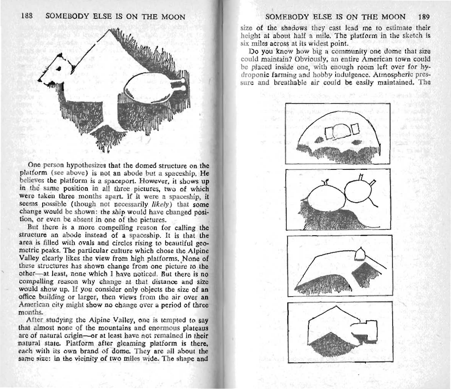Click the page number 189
423,17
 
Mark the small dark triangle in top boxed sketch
318,140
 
